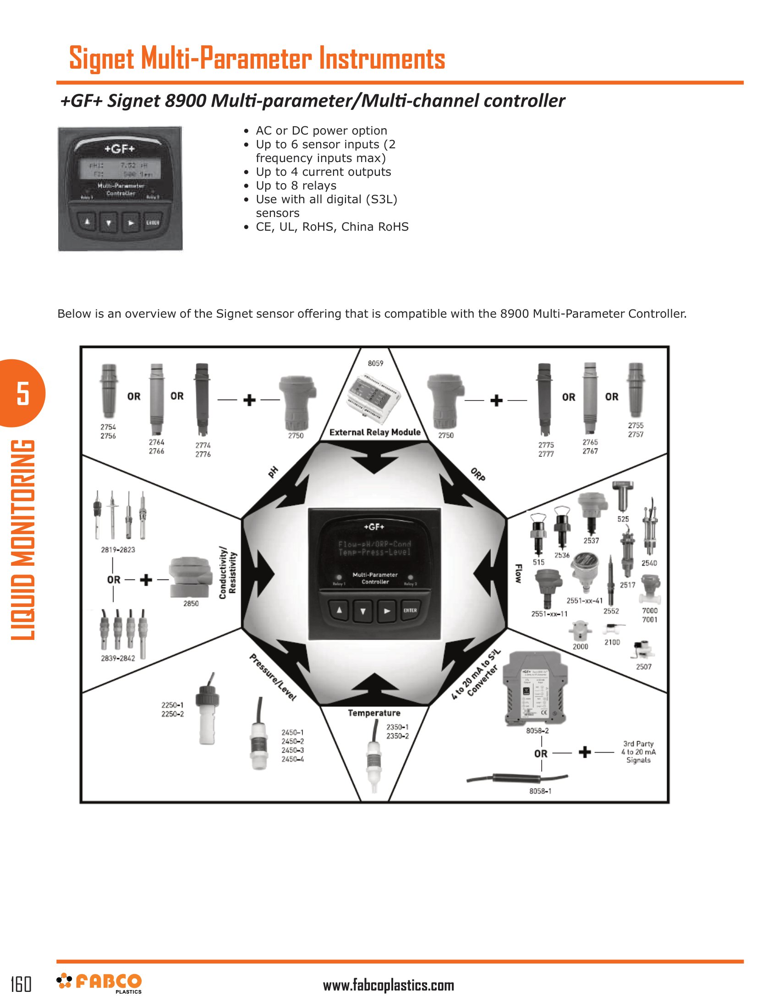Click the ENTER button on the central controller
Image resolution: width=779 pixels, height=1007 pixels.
point(410,611)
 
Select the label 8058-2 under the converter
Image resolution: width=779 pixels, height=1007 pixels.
point(537,731)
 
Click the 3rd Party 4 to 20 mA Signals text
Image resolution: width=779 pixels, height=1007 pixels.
point(638,752)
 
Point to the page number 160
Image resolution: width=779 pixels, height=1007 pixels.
point(21,984)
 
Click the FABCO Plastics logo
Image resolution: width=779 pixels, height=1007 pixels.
point(99,983)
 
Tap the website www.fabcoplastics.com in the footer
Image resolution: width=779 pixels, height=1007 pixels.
point(388,985)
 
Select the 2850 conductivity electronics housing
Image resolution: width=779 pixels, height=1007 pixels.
point(190,576)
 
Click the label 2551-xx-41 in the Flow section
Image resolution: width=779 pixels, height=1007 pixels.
point(584,601)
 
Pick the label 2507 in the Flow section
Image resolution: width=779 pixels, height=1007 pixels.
point(643,667)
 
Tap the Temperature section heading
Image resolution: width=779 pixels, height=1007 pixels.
point(374,713)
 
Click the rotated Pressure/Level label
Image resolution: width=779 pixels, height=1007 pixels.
point(272,677)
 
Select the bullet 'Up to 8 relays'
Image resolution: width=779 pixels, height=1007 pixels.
point(296,185)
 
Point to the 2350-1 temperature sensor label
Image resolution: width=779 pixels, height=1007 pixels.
point(397,727)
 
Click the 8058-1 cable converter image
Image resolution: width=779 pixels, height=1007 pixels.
point(517,779)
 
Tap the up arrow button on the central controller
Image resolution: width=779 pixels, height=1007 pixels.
point(339,611)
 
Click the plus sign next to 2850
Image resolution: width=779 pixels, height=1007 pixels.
point(146,579)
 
